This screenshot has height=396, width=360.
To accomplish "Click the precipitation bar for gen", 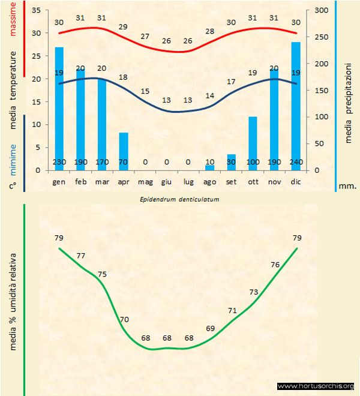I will pos(59,108).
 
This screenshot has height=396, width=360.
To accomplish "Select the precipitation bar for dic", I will pos(295,106).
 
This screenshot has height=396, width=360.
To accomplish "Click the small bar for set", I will pos(231,162).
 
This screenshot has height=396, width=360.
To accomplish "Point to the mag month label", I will pos(145,181).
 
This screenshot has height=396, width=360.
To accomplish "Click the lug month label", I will pos(188,181).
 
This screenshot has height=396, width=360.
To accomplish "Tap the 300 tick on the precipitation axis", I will pos(320,11).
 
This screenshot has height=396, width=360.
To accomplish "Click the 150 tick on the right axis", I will pos(320,91).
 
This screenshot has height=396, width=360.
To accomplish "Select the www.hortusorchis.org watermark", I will pos(317,386).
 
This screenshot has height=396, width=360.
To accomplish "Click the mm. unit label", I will pos(347,186).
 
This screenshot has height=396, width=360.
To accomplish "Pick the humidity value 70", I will pos(124,319).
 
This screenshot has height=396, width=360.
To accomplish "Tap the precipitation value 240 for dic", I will pos(295,162).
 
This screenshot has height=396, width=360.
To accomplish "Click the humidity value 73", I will pos(254,292).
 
